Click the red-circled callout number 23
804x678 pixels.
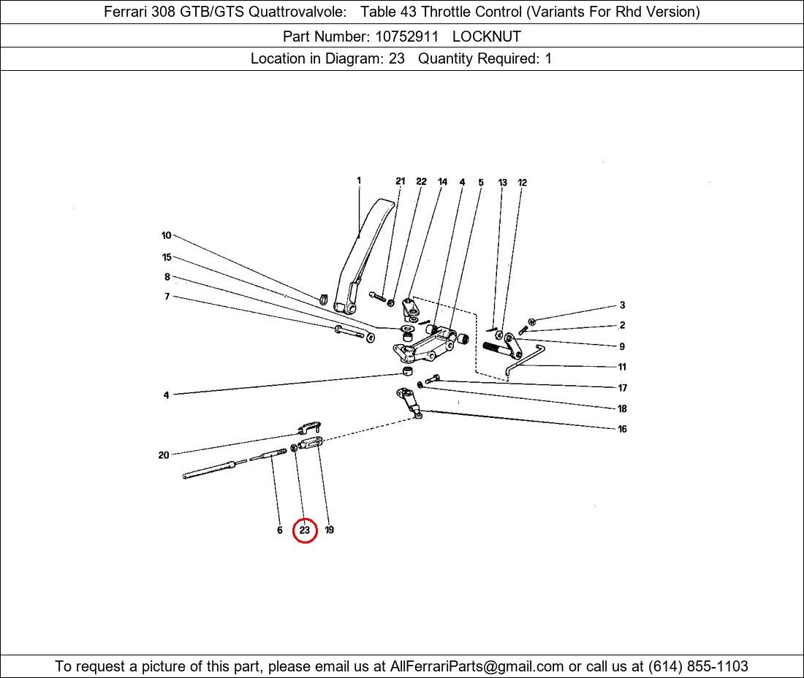pyautogui.click(x=305, y=530)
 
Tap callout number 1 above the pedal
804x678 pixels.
pyautogui.click(x=359, y=180)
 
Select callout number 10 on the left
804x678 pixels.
pyautogui.click(x=166, y=235)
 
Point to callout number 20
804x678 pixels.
pyautogui.click(x=164, y=455)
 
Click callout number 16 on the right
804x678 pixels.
pyautogui.click(x=622, y=429)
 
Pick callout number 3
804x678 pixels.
pyautogui.click(x=622, y=305)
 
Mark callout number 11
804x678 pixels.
pyautogui.click(x=622, y=367)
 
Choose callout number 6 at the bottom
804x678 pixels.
pyautogui.click(x=279, y=530)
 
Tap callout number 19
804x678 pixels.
pyautogui.click(x=329, y=530)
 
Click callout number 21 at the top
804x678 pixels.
pyautogui.click(x=400, y=181)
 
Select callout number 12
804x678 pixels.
pyautogui.click(x=522, y=183)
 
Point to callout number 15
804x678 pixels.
pyautogui.click(x=167, y=257)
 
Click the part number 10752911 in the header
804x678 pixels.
pyautogui.click(x=406, y=37)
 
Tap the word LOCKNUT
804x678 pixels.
pyautogui.click(x=486, y=37)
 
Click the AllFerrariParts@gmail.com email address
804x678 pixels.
pyautogui.click(x=477, y=666)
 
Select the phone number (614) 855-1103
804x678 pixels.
pyautogui.click(x=698, y=666)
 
